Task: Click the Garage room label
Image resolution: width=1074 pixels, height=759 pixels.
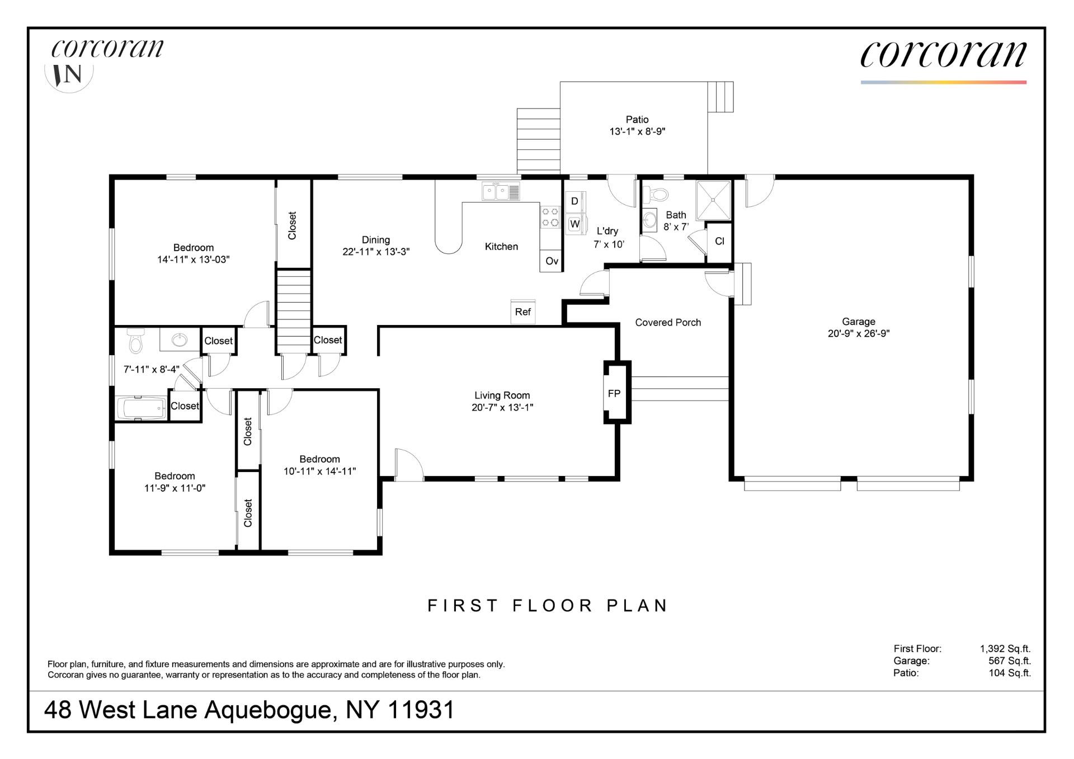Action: (858, 322)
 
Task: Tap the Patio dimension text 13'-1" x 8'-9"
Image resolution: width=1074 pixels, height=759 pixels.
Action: (637, 132)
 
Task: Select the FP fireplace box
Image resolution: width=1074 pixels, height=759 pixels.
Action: (614, 394)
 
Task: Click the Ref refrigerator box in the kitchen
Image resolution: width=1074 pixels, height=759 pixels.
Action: (523, 312)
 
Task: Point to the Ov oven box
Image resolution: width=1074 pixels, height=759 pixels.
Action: (552, 261)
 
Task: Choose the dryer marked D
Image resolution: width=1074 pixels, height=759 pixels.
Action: (574, 201)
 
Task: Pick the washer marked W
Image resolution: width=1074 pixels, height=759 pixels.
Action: (574, 224)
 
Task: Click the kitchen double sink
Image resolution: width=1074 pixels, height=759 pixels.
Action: (501, 192)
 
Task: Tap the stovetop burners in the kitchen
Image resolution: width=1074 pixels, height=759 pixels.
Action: (550, 217)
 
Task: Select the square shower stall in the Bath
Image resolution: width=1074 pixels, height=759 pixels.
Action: (713, 200)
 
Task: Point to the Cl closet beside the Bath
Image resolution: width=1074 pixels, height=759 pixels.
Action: (719, 242)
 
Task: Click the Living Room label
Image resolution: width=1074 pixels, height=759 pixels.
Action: (502, 395)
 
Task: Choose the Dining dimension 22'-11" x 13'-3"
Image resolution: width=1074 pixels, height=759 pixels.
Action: (376, 252)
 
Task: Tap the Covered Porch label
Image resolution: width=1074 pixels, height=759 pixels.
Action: (668, 323)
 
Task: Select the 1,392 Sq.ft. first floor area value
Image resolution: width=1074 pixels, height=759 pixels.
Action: (1005, 649)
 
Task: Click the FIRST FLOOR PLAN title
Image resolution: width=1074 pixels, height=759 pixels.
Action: (548, 606)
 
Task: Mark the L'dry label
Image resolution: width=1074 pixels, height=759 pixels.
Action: (607, 231)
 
